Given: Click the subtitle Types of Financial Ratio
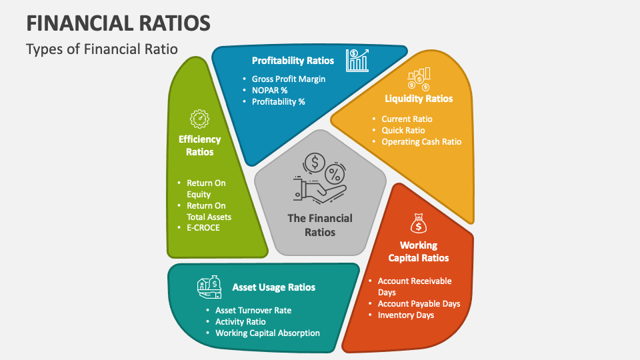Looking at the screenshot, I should click(x=102, y=50).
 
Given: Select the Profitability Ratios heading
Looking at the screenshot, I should click(x=293, y=61).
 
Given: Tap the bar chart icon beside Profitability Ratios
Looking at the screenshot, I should click(x=357, y=60).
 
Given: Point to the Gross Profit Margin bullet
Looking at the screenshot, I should click(x=288, y=79).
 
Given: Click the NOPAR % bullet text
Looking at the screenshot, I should click(x=269, y=90).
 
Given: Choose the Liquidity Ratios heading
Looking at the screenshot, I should click(x=418, y=99).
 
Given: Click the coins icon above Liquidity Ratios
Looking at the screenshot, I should click(x=419, y=79).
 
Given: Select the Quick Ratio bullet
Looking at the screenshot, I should click(x=403, y=130).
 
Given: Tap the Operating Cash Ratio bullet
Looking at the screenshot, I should click(x=421, y=141).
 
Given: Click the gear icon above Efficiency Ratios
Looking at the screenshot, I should click(x=199, y=119).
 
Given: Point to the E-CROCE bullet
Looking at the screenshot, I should click(x=203, y=227).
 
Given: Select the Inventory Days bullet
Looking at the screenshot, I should click(x=405, y=315).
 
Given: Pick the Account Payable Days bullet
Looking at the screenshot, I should click(x=419, y=303).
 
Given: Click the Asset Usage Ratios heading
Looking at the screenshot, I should click(x=273, y=287).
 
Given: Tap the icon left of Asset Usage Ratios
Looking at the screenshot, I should click(x=209, y=287).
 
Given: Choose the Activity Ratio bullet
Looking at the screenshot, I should click(x=240, y=321).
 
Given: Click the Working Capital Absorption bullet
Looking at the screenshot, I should click(x=267, y=333).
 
